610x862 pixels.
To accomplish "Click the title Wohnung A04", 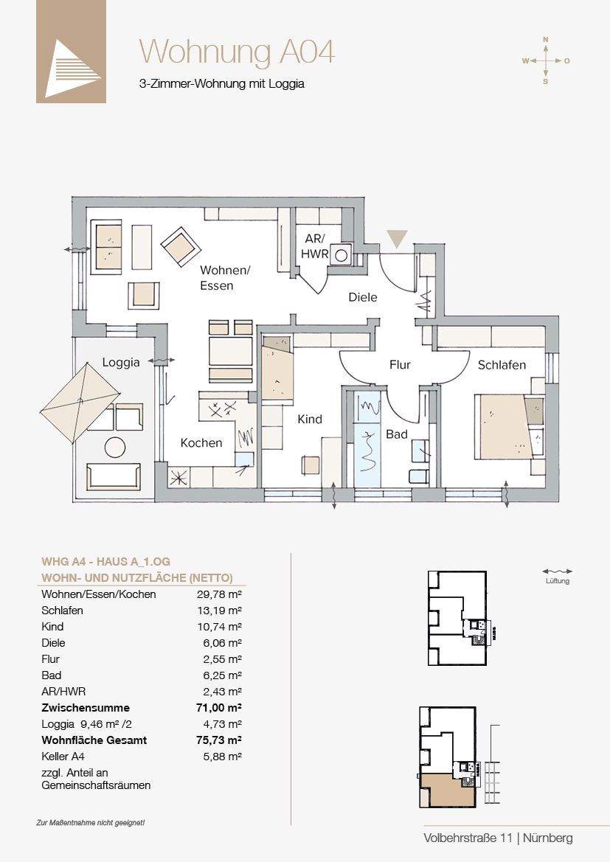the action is (x=237, y=52).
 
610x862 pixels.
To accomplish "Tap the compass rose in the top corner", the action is (x=546, y=60).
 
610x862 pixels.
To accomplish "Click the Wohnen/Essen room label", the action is (x=225, y=277).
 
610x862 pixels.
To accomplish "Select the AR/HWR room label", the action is (x=316, y=246).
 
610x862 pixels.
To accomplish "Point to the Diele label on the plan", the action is (x=363, y=297).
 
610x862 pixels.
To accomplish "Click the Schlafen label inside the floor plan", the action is (x=502, y=365).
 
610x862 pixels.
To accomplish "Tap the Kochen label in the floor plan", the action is (x=201, y=443).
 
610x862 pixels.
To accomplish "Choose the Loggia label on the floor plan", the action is (x=121, y=363).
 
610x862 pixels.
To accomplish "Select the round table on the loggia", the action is (x=116, y=446).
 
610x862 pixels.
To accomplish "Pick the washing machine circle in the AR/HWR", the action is (x=341, y=254).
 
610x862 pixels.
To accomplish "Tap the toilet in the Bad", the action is (x=418, y=476).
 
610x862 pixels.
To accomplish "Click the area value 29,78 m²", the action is (x=220, y=594).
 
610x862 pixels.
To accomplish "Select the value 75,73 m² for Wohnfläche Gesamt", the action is (x=219, y=740).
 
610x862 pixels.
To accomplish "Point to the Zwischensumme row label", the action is (x=86, y=708).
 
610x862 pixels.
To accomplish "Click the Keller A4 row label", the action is (x=63, y=757).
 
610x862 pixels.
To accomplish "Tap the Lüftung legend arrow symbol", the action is (x=557, y=571).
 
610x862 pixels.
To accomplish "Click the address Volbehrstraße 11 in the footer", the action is (x=468, y=838).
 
